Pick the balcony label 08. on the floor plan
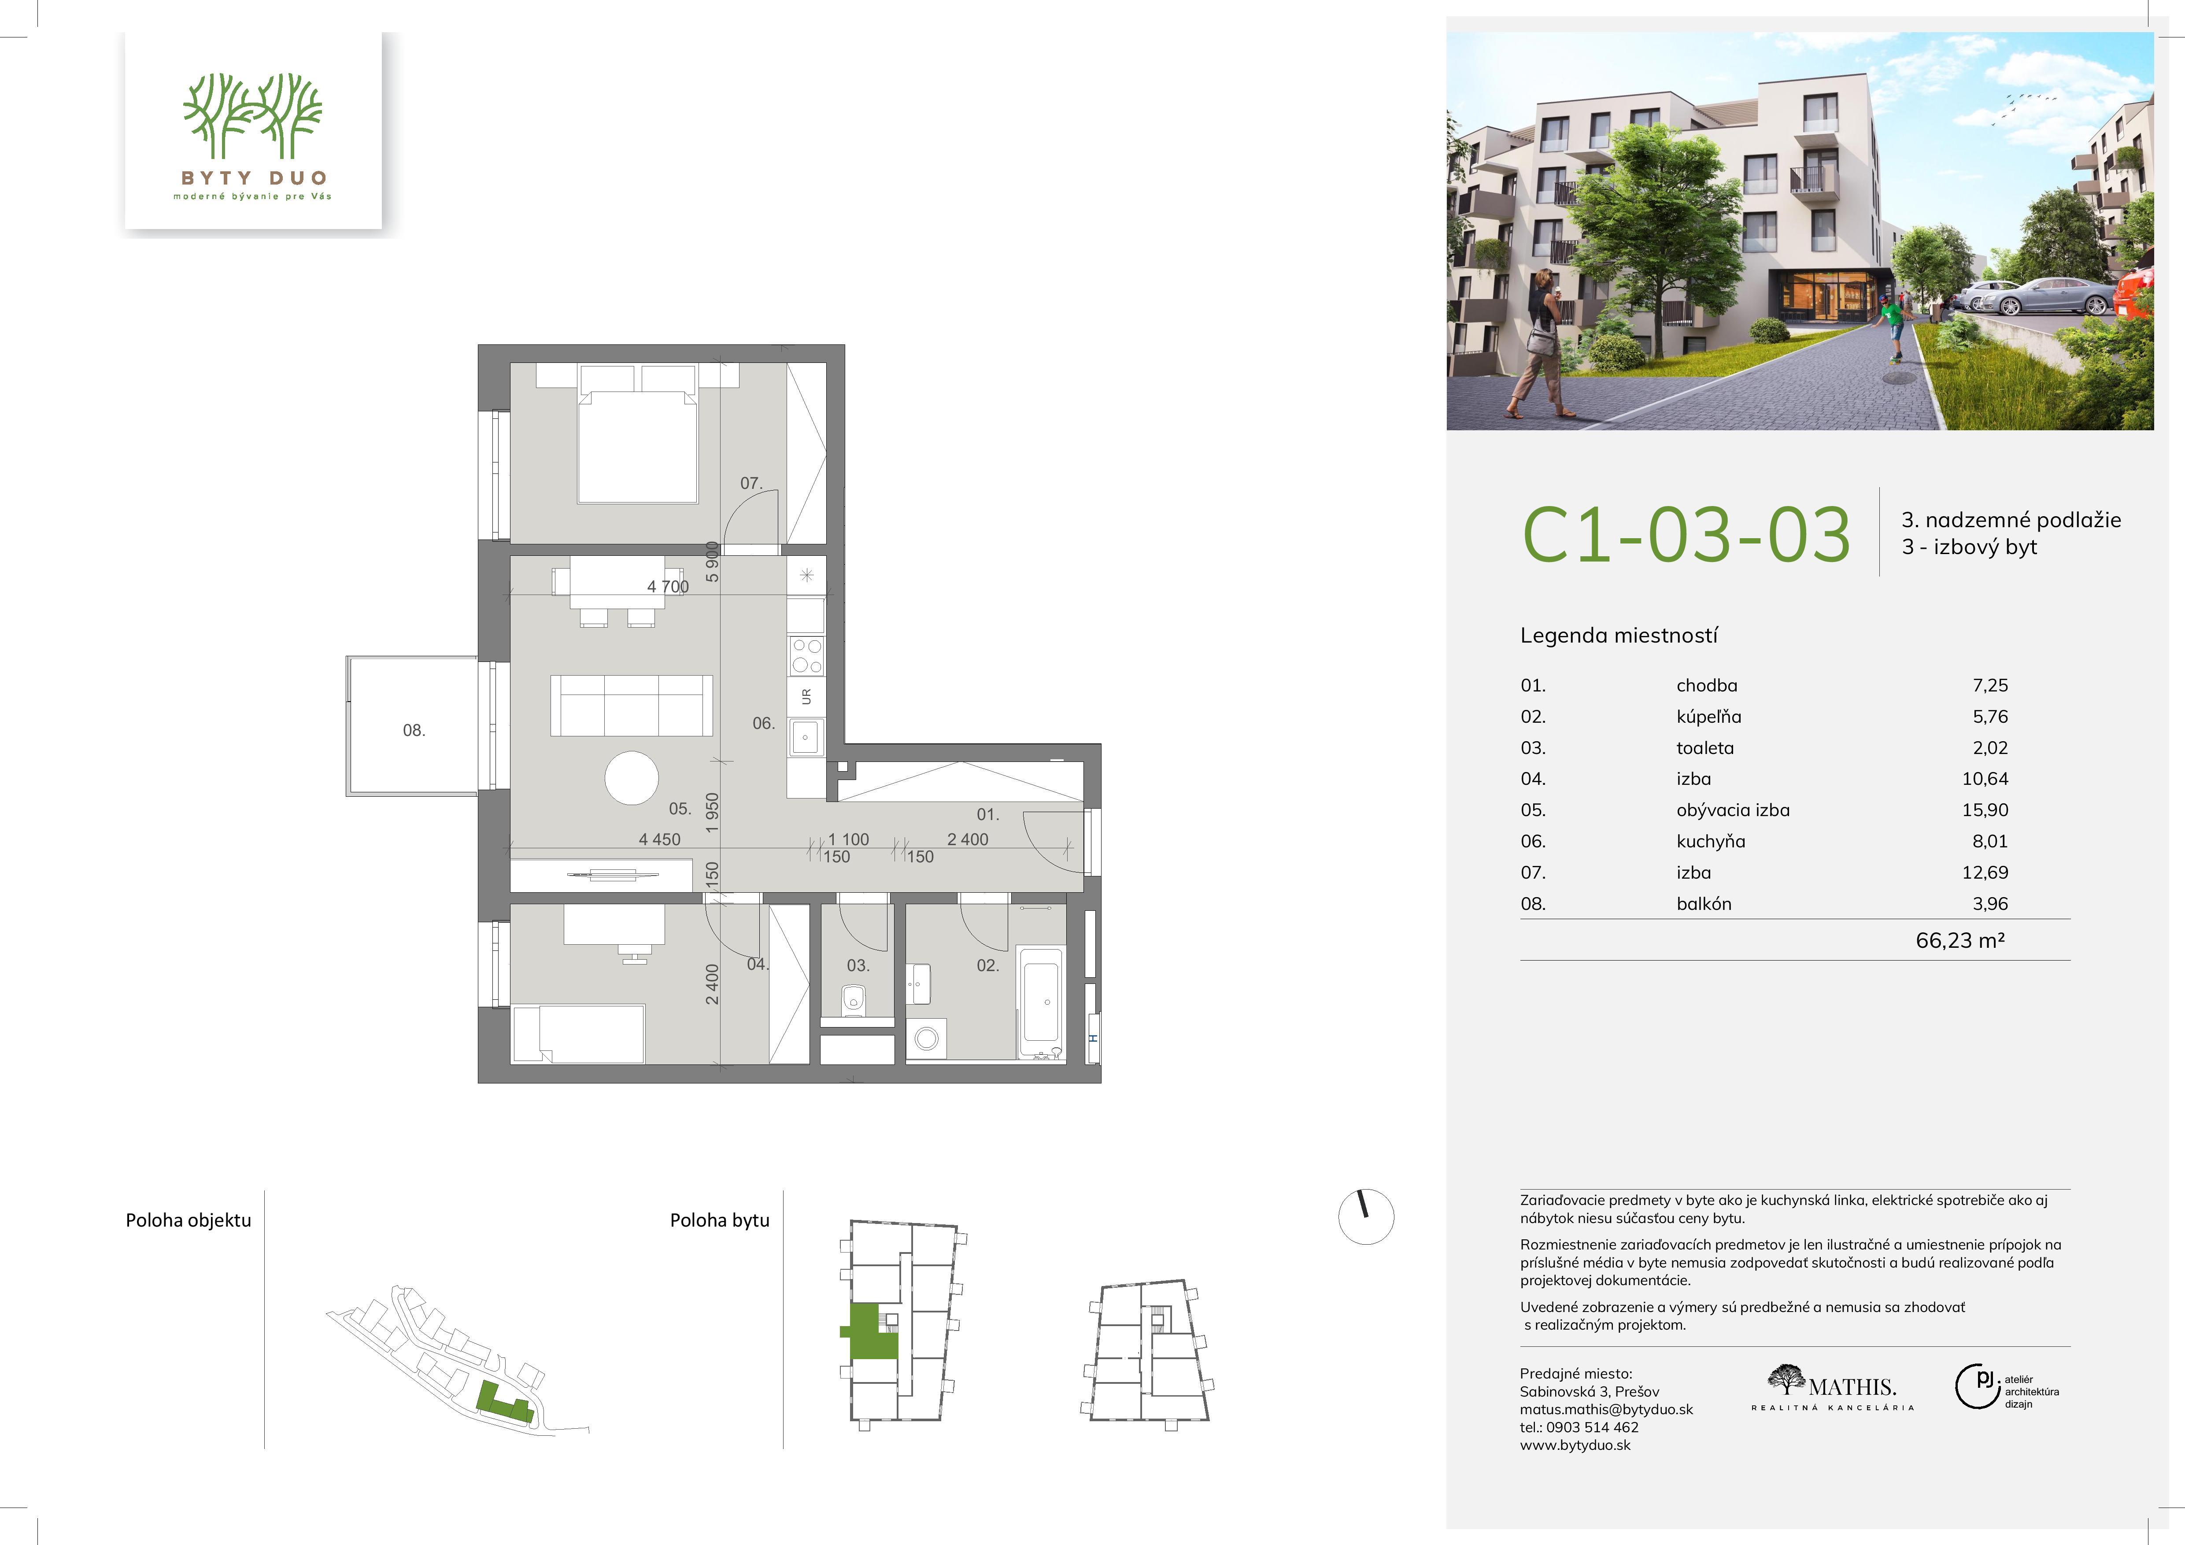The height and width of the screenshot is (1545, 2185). pyautogui.click(x=414, y=731)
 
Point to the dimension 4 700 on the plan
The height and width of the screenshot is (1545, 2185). pyautogui.click(x=668, y=587)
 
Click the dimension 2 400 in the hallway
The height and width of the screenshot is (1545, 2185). pyautogui.click(x=968, y=839)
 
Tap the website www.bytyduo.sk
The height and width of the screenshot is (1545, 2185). pyautogui.click(x=1575, y=1445)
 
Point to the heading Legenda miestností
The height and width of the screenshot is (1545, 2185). pyautogui.click(x=1619, y=636)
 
